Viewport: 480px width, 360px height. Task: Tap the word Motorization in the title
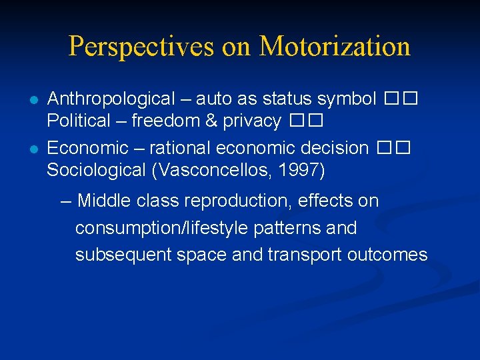pyautogui.click(x=334, y=47)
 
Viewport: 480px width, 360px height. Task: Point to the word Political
pyautogui.click(x=78, y=121)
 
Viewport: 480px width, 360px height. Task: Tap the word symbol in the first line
pyautogui.click(x=347, y=99)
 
